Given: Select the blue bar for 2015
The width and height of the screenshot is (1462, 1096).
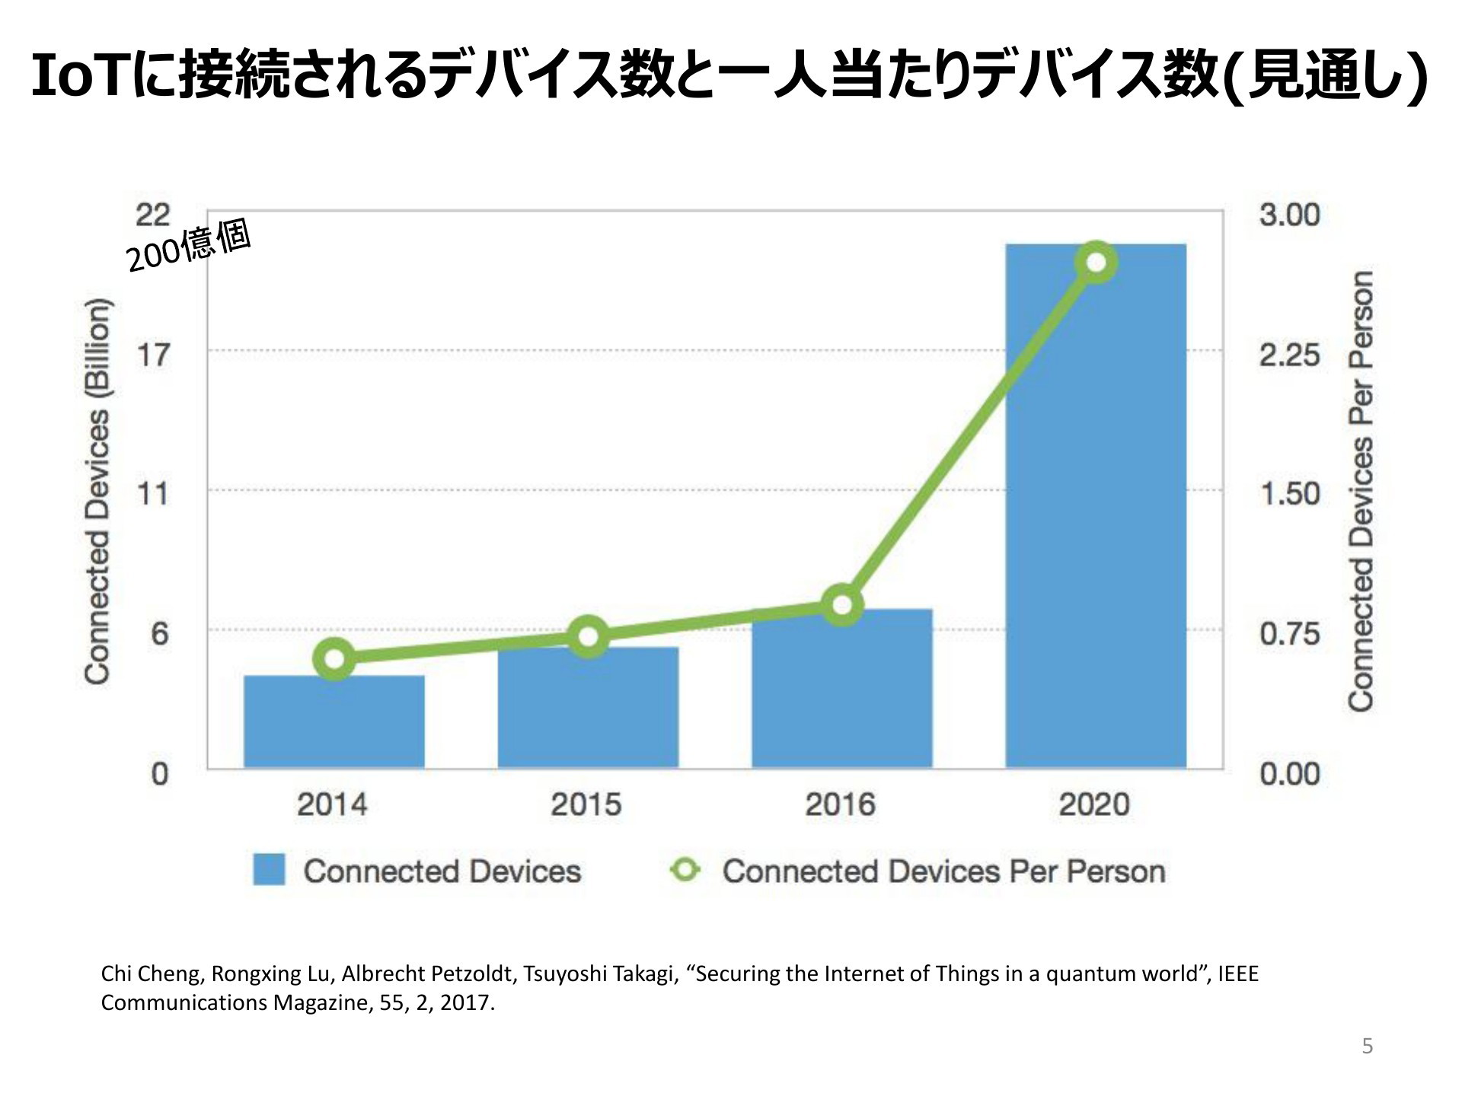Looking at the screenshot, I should coord(588,707).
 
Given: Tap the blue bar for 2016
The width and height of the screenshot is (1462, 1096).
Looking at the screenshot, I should coord(841,689).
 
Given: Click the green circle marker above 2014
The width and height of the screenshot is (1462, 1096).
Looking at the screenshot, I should coord(334,659).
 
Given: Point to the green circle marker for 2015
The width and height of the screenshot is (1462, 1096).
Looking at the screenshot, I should coord(589,637).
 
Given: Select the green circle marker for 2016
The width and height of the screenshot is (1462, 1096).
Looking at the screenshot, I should coord(842,605).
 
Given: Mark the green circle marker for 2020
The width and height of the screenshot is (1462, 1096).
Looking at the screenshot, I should coord(1096,263).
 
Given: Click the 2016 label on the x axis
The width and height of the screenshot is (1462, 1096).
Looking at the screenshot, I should coord(841,804).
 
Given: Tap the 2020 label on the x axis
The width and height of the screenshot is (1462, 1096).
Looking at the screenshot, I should coord(1094,804).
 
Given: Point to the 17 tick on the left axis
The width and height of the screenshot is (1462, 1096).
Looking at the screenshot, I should coord(153,354).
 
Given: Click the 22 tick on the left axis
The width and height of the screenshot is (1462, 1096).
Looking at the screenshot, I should coord(153,215).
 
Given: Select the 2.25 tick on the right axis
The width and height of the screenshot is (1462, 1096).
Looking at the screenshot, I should coord(1289,355).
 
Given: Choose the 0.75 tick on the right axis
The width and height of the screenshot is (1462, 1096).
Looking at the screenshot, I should coord(1289,633).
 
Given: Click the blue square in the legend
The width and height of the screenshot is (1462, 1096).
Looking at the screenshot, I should coord(269,869).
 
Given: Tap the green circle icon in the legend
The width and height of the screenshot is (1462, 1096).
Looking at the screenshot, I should coord(685,869).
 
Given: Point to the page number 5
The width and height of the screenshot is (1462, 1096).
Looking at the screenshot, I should coord(1368,1047).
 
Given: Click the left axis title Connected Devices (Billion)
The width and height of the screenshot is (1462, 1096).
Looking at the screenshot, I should coord(97,492).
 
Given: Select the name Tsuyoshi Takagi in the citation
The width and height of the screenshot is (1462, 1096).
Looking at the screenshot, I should coord(601,974).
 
